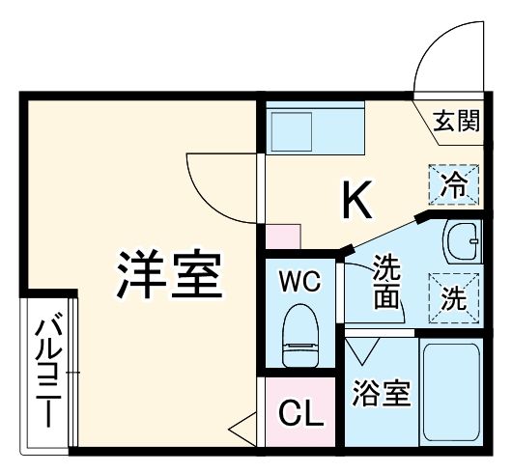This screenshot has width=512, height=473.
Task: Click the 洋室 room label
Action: coord(171,275)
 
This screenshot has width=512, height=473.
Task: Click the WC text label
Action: coord(299,283)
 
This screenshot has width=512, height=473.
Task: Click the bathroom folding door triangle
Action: coord(367,348)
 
